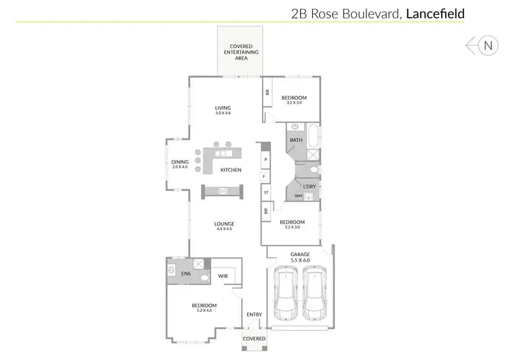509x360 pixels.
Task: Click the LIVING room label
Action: coord(223,108)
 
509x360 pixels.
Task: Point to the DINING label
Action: coord(180,162)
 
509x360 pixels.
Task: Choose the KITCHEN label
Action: coord(231,170)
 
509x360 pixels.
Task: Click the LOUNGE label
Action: coord(224,224)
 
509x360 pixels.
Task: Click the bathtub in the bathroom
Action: coord(313,137)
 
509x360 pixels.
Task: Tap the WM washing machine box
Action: coord(298,196)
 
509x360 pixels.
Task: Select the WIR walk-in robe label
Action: coord(223,276)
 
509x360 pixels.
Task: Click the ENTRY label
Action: coord(254,314)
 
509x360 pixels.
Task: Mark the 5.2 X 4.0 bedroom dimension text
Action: coord(204,310)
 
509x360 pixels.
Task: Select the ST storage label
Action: coord(266,193)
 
